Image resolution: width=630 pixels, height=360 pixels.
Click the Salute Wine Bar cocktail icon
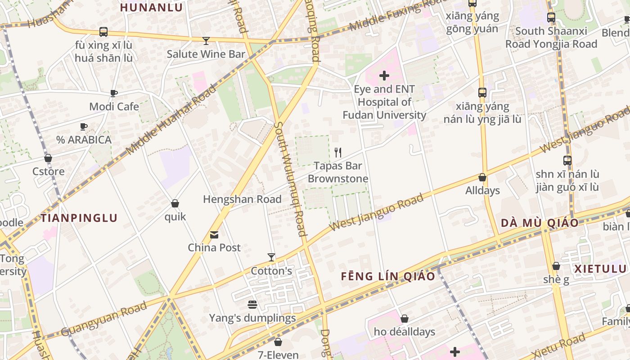[206, 41]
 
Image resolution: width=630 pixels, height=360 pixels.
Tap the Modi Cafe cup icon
[114, 93]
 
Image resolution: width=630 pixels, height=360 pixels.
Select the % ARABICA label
[84, 140]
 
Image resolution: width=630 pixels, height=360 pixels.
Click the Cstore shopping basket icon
[48, 158]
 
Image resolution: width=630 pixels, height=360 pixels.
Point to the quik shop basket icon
[175, 204]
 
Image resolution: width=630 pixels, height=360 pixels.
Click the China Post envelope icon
[214, 235]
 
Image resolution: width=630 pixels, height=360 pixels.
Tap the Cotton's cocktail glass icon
[271, 257]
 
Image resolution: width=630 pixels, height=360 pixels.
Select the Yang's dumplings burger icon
[252, 305]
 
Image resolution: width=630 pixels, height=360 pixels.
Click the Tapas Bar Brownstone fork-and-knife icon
[338, 153]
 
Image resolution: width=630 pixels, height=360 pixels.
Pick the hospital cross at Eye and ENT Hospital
[384, 76]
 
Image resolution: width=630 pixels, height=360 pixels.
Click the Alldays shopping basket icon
[482, 178]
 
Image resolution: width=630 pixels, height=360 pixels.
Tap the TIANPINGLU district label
[79, 218]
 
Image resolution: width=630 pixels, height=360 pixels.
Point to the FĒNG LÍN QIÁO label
[388, 276]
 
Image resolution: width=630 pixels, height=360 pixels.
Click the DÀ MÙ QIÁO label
[540, 223]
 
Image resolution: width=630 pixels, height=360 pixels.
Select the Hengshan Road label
[242, 199]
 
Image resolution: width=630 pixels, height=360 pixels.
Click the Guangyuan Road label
[104, 319]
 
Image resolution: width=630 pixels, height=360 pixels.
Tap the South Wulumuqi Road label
[290, 179]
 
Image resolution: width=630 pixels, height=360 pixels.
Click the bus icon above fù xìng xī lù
[103, 32]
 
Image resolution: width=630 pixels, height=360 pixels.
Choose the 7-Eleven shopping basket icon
[278, 342]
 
